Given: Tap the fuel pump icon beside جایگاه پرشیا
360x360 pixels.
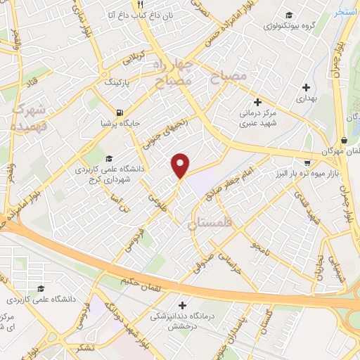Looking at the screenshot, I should pyautogui.click(x=120, y=113).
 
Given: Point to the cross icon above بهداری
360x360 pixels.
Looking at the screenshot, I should pyautogui.click(x=306, y=88).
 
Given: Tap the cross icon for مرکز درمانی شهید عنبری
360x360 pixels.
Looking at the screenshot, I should pyautogui.click(x=258, y=101).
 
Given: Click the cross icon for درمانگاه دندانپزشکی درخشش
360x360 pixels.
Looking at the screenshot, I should pyautogui.click(x=183, y=306).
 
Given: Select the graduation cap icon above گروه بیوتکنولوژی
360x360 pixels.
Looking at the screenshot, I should pyautogui.click(x=288, y=15).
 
